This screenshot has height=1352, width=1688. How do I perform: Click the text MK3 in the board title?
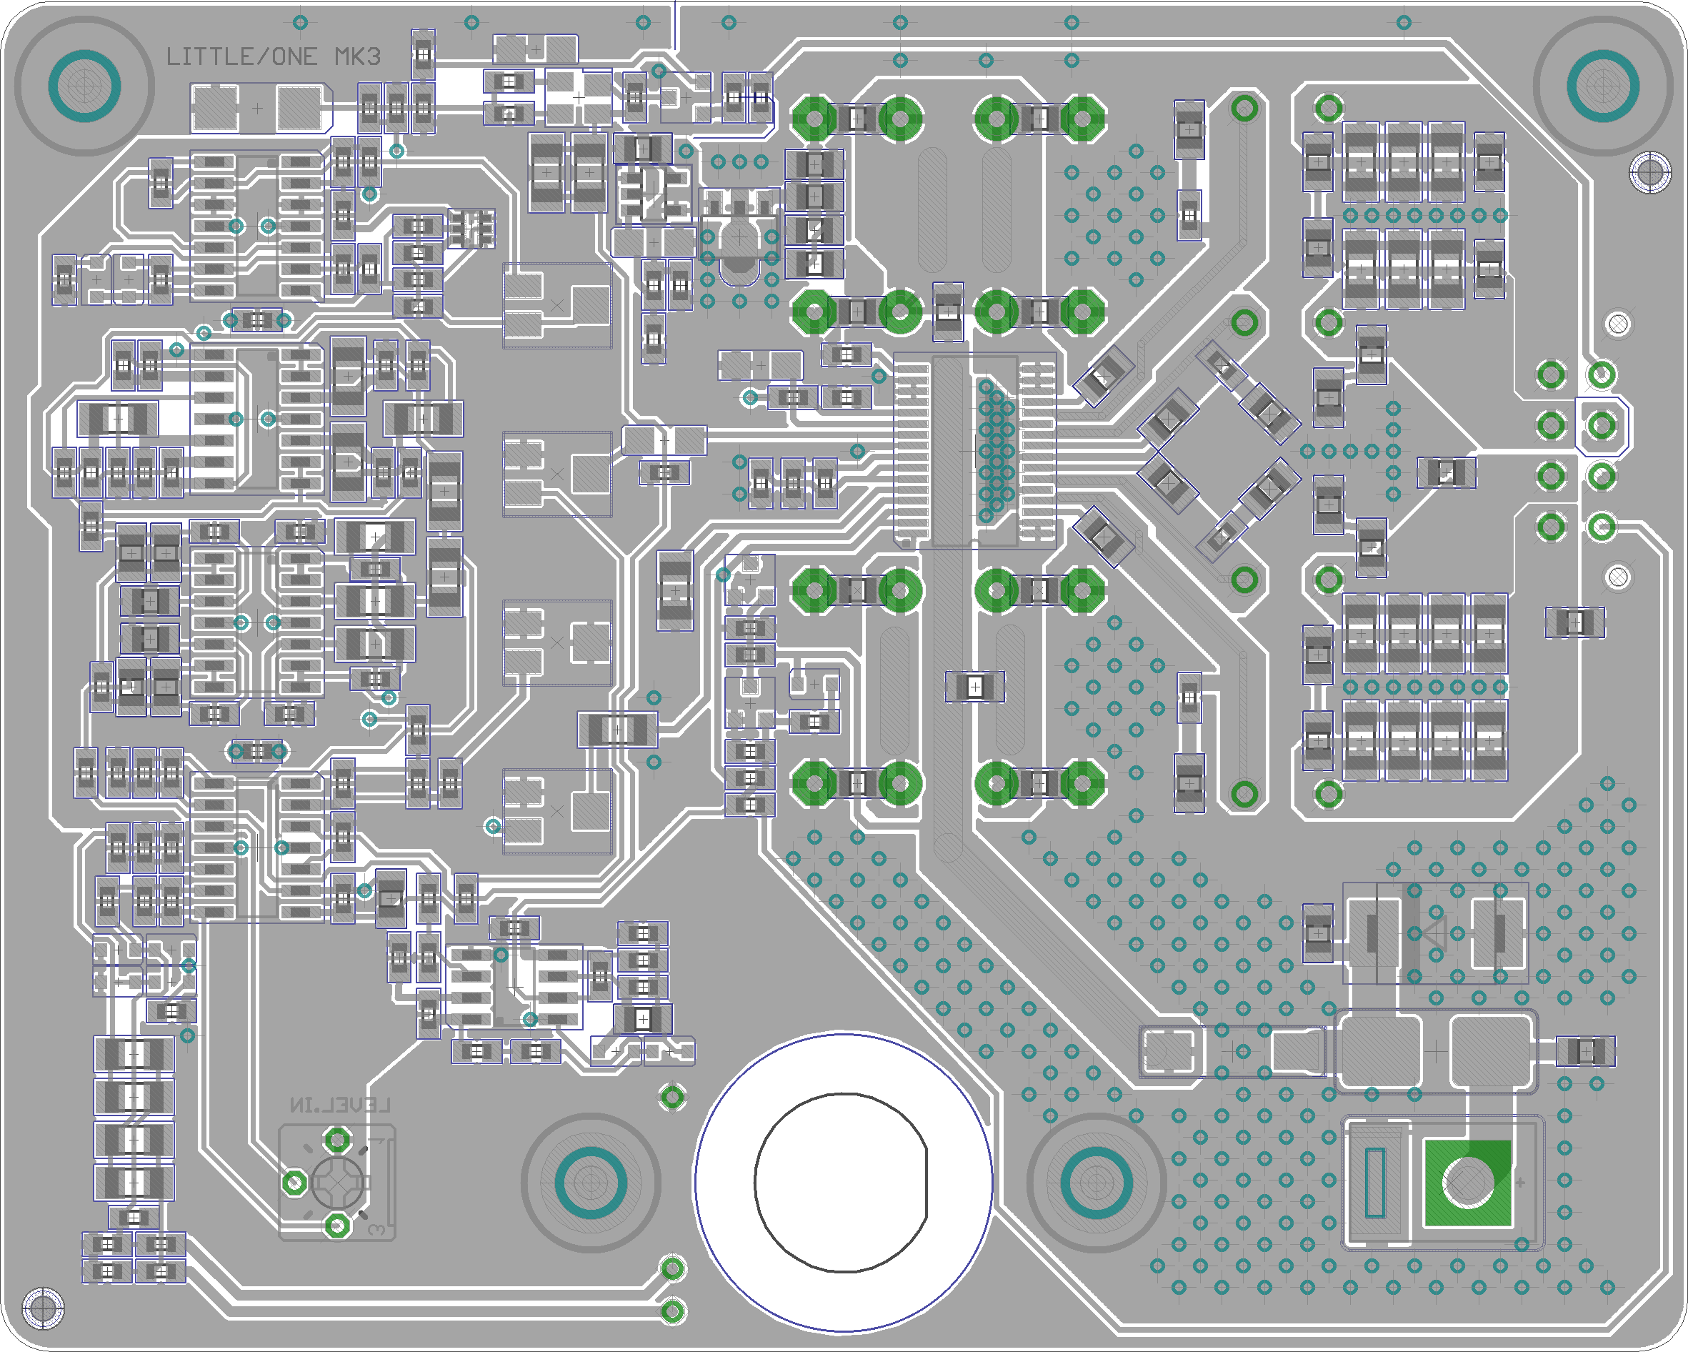(x=357, y=57)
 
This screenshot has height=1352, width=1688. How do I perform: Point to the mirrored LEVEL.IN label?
(x=340, y=1105)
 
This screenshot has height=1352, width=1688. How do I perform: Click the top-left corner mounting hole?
(x=84, y=85)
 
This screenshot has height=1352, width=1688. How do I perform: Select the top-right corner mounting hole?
(x=1603, y=85)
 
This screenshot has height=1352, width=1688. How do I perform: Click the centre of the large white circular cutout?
(x=842, y=1182)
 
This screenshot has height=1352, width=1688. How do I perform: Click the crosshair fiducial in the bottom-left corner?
(x=43, y=1308)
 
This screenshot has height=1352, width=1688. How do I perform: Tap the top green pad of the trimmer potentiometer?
(x=337, y=1140)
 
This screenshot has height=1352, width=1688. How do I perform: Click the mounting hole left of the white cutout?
(x=590, y=1182)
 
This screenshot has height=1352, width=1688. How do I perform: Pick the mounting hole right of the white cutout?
(x=1096, y=1182)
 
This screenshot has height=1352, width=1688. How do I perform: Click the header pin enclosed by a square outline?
(x=1602, y=425)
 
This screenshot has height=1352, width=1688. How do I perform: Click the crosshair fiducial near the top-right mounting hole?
(x=1649, y=172)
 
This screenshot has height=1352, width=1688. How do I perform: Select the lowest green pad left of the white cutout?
(x=672, y=1311)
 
